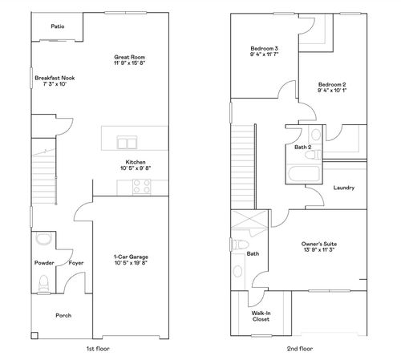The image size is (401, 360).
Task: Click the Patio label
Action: click(x=57, y=26)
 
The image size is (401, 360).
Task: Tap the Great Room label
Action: click(x=128, y=57)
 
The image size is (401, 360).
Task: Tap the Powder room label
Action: click(x=43, y=263)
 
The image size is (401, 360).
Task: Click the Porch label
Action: click(x=63, y=315)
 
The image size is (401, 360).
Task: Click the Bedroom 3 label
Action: click(x=264, y=50)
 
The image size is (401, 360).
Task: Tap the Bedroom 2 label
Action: click(x=331, y=84)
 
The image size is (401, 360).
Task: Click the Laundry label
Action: click(x=343, y=188)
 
